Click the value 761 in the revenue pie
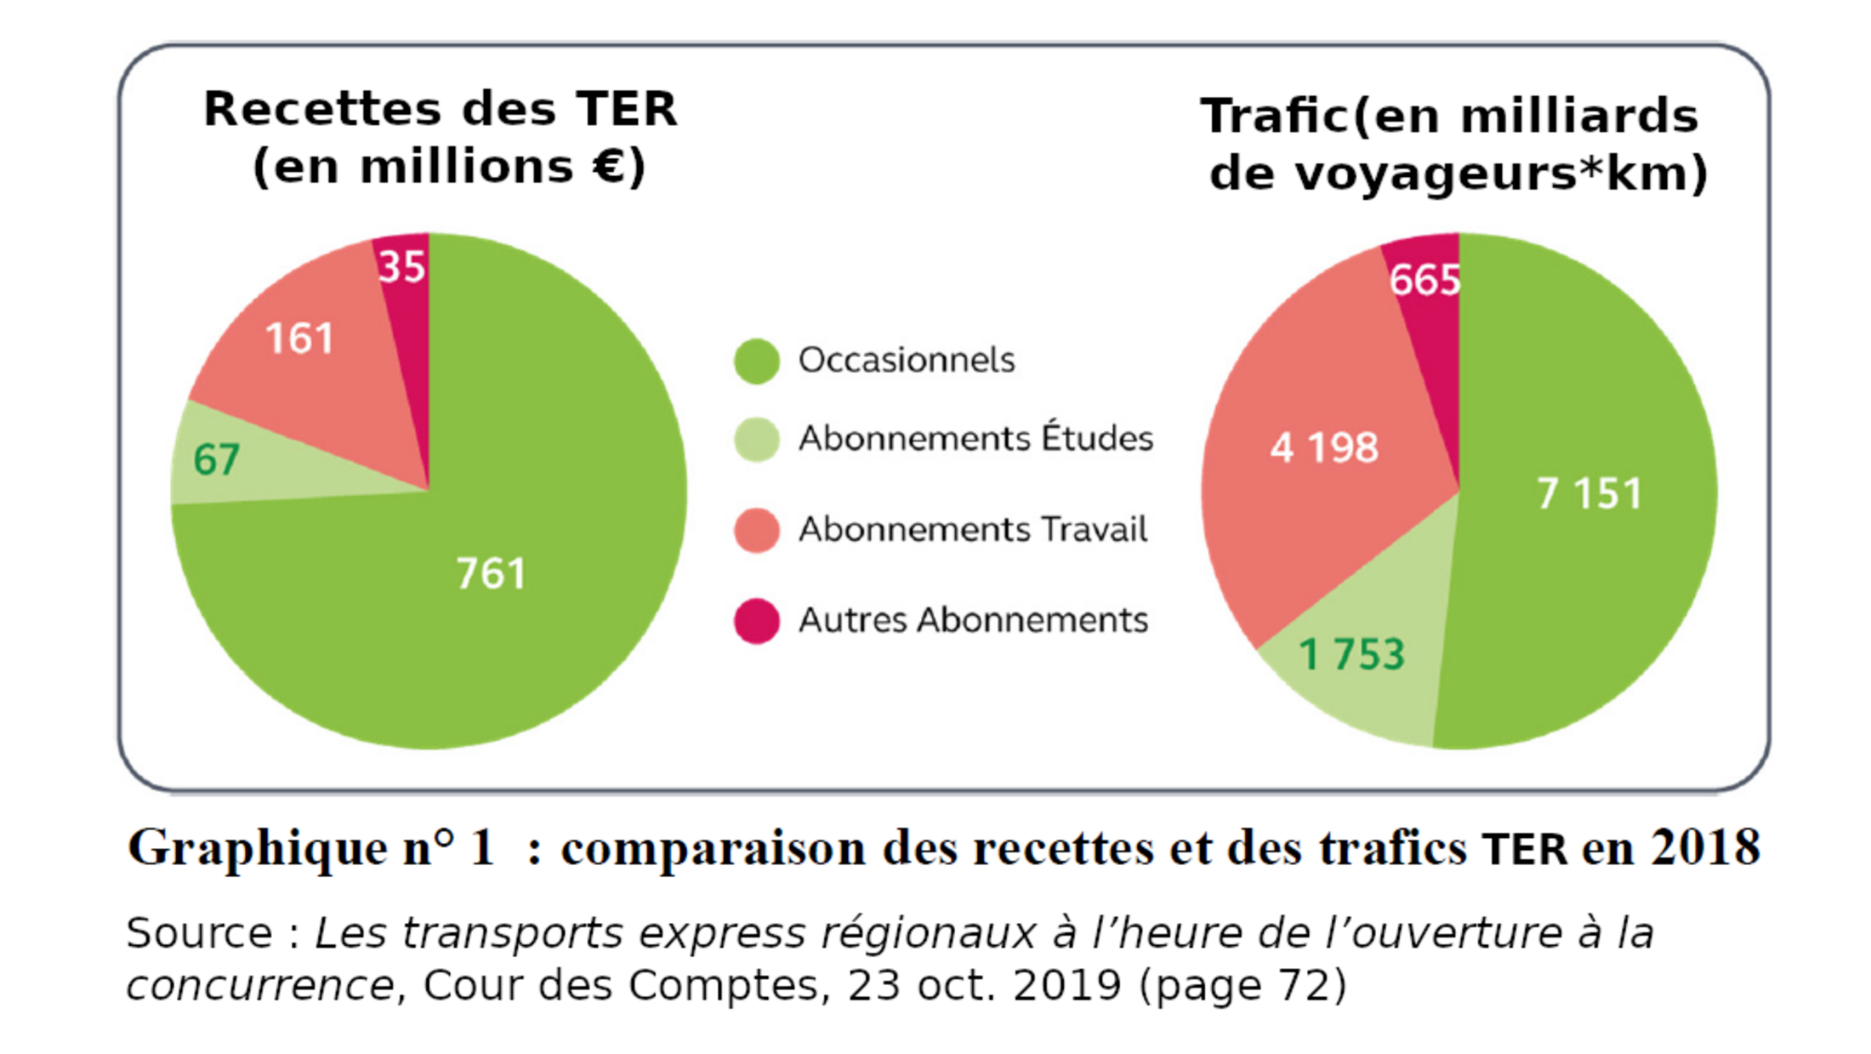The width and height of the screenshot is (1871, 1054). tap(492, 573)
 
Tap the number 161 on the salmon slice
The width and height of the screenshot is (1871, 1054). tap(299, 339)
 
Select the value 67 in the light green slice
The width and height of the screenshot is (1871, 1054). tap(216, 460)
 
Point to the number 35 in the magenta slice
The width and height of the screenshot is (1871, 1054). tap(401, 267)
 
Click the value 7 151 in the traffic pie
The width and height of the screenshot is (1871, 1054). tap(1589, 493)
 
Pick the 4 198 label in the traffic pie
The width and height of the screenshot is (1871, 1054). tap(1323, 447)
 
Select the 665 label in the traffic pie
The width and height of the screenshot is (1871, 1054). tap(1425, 280)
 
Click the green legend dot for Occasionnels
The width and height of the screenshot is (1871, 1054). tap(756, 361)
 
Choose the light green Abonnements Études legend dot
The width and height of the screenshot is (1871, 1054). tap(756, 439)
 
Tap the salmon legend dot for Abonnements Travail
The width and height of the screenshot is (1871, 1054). tap(756, 530)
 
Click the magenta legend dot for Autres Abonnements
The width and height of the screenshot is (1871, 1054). tap(756, 621)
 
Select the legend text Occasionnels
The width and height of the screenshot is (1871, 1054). tap(907, 361)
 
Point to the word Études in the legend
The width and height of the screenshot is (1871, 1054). tap(1097, 437)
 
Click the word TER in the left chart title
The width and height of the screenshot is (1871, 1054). tap(626, 109)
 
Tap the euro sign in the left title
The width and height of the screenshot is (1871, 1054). tap(609, 166)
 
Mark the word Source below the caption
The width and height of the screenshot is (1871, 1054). tap(199, 933)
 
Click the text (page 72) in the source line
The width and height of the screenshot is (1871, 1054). tap(1243, 986)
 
